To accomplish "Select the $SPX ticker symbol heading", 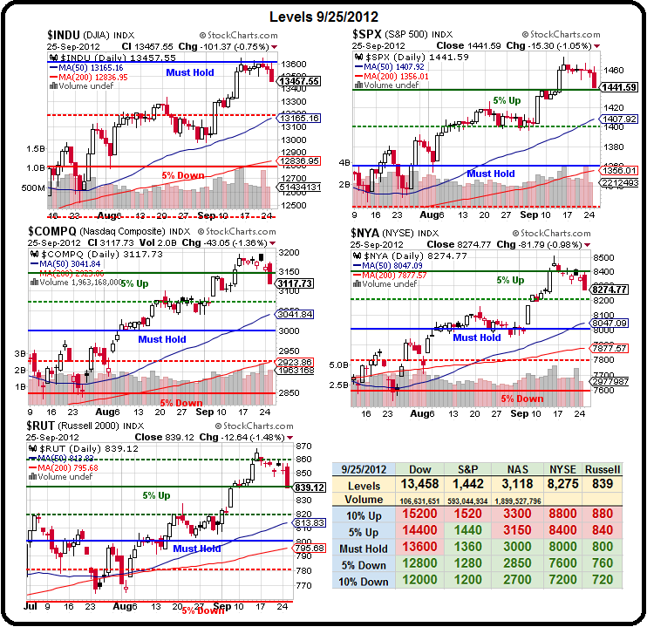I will (368, 33).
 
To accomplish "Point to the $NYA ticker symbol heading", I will (367, 232).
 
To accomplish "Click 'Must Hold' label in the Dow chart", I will (192, 72).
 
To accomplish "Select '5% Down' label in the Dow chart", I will (183, 175).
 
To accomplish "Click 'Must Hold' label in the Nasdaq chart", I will (162, 339).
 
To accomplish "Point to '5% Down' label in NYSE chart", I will (522, 399).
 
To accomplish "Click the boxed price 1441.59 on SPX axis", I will (620, 87).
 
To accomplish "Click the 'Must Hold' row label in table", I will (362, 548).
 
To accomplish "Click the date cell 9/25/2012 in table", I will (362, 470).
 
